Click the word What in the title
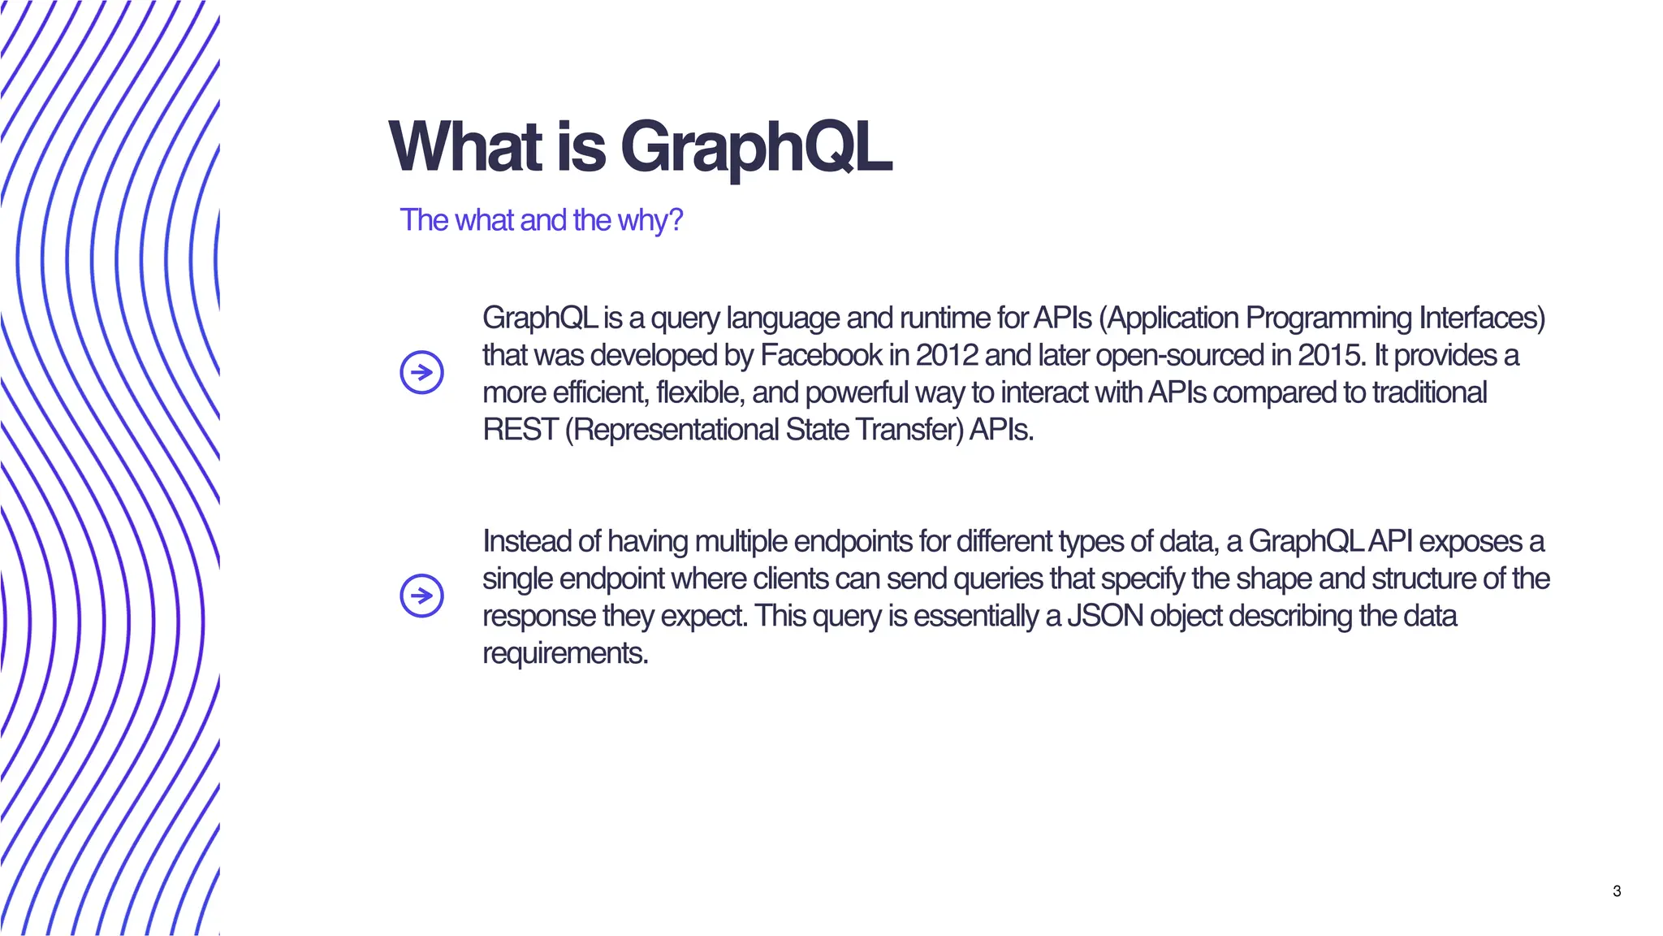pyautogui.click(x=465, y=147)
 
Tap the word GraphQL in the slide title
pyautogui.click(x=756, y=149)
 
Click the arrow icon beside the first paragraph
pyautogui.click(x=421, y=373)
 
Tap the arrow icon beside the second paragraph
pyautogui.click(x=421, y=596)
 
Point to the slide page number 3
pyautogui.click(x=1617, y=891)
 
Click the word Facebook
pyautogui.click(x=821, y=355)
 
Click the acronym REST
pyautogui.click(x=520, y=430)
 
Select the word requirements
pyautogui.click(x=565, y=653)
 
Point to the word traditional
pyautogui.click(x=1429, y=392)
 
